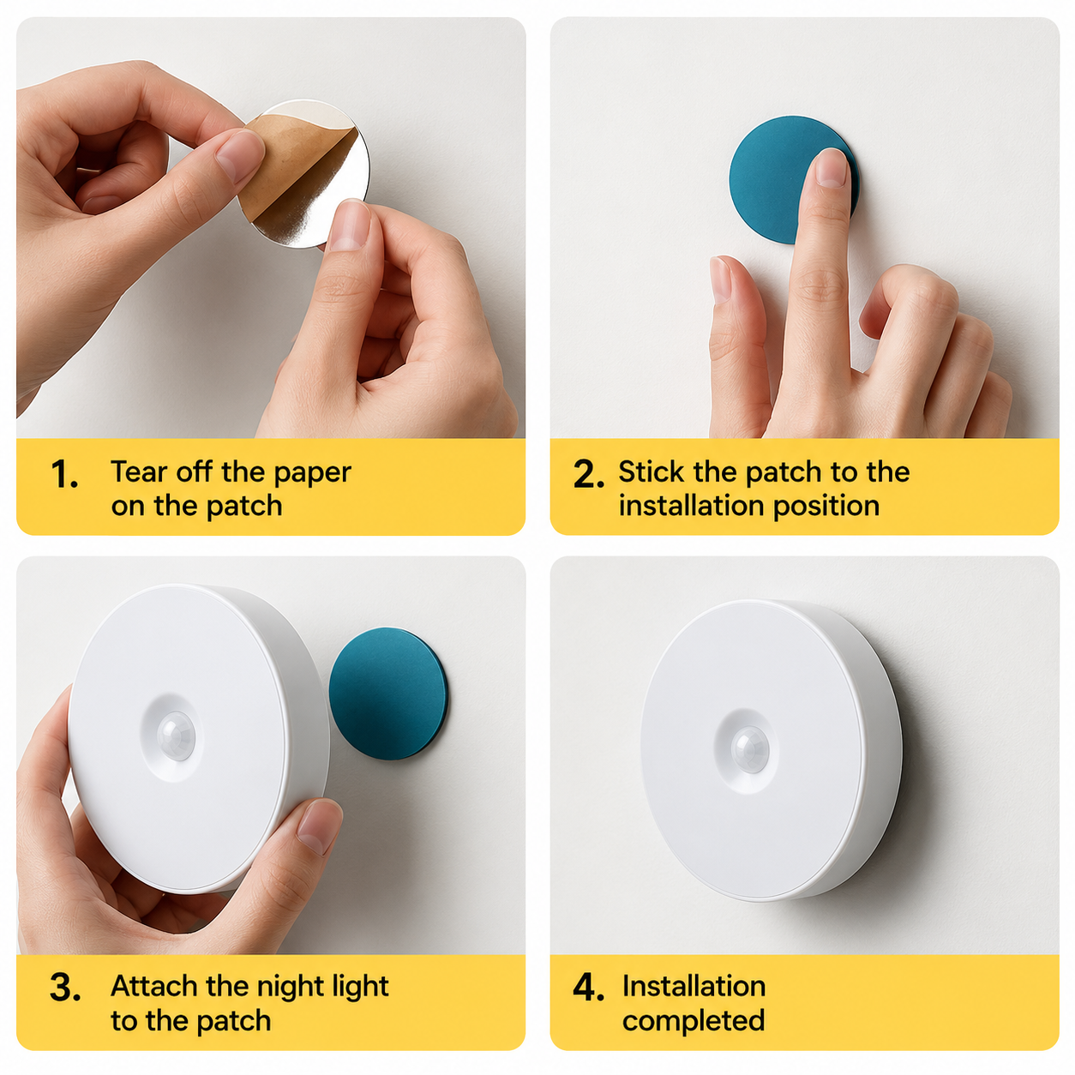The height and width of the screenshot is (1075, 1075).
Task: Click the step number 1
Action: point(64,475)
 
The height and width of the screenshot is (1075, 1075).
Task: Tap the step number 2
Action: point(589,475)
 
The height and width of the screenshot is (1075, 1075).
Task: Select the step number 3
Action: point(64,988)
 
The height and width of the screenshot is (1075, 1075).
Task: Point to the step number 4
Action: point(589,988)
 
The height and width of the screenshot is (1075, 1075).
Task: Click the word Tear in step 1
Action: point(139,472)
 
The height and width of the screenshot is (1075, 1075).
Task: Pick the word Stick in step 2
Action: point(651,472)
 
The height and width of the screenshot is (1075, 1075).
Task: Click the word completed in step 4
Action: point(694,1021)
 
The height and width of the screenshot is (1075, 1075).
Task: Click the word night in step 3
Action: point(287,987)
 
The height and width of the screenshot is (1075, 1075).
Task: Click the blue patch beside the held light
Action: point(388,693)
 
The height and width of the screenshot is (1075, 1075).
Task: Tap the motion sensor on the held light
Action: point(176,736)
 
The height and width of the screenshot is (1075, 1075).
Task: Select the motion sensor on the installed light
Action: point(750,750)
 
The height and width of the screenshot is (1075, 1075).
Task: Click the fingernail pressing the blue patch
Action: point(831,168)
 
